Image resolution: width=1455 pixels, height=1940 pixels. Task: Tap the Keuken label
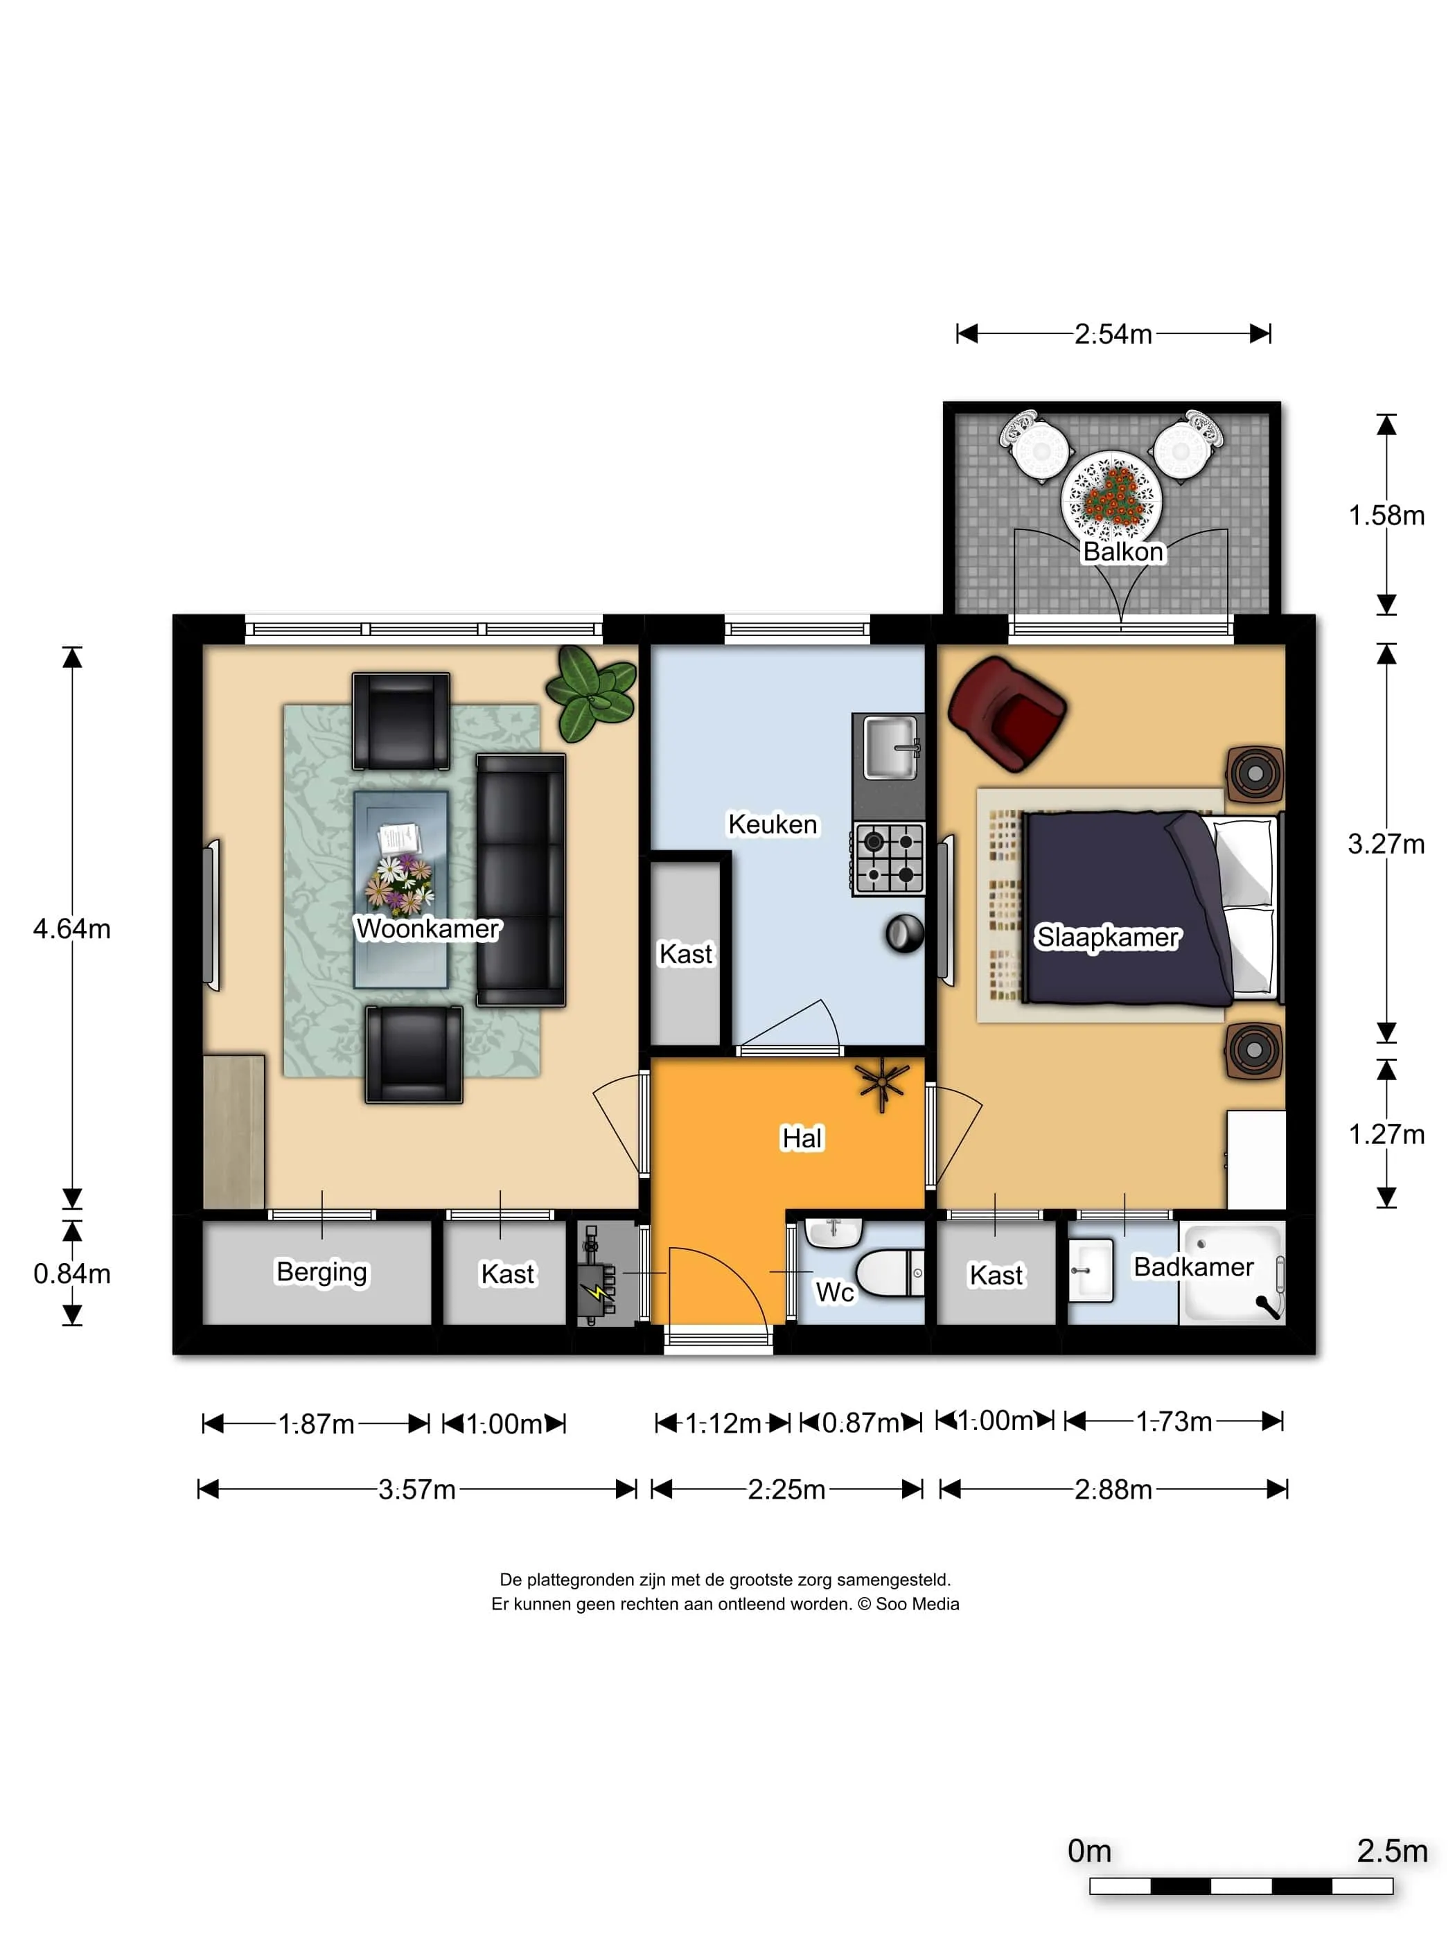pyautogui.click(x=772, y=824)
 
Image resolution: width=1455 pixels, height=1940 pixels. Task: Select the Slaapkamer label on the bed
pyautogui.click(x=1108, y=937)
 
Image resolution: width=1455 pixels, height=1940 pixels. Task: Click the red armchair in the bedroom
pyautogui.click(x=1007, y=714)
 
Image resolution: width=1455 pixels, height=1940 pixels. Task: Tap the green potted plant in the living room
pyautogui.click(x=591, y=694)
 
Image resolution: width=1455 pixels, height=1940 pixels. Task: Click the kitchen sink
pyautogui.click(x=890, y=747)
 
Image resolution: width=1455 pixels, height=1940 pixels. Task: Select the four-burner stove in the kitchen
pyautogui.click(x=888, y=858)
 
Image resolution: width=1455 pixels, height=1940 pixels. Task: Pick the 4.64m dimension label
pyautogui.click(x=72, y=929)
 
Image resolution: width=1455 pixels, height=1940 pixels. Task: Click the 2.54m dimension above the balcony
pyautogui.click(x=1113, y=334)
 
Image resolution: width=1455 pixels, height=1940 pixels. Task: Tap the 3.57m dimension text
pyautogui.click(x=416, y=1489)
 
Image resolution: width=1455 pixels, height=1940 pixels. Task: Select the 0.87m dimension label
pyautogui.click(x=861, y=1422)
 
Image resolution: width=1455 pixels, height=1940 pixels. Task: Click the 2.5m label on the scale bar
pyautogui.click(x=1392, y=1851)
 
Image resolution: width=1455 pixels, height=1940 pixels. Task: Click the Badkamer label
pyautogui.click(x=1193, y=1267)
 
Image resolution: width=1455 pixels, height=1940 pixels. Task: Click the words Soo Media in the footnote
pyautogui.click(x=917, y=1604)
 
